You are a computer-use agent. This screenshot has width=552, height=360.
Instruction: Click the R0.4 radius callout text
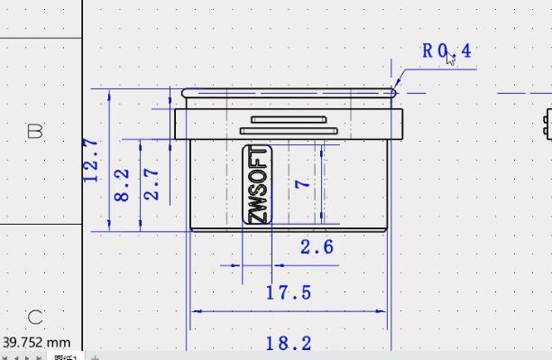tap(446, 51)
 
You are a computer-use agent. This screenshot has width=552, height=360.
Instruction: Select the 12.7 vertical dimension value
tap(91, 160)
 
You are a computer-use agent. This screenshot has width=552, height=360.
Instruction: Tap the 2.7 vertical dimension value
tap(152, 184)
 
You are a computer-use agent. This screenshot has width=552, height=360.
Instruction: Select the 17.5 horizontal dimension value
tap(289, 292)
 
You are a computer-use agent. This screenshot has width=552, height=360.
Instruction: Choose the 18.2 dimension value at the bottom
tap(289, 343)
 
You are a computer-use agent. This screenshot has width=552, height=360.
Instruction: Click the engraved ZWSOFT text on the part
tap(258, 184)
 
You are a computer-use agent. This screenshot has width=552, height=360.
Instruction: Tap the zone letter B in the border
tap(35, 132)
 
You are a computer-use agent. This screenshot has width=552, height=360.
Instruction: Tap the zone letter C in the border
tap(35, 317)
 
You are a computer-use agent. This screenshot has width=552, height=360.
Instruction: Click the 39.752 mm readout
tap(36, 343)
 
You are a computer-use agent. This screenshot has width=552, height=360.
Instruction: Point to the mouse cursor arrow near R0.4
tap(452, 59)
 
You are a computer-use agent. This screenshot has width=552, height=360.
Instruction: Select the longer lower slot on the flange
tap(289, 131)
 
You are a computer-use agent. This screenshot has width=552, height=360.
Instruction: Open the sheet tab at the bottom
tap(65, 357)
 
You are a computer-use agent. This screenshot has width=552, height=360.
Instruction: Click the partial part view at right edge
tap(547, 124)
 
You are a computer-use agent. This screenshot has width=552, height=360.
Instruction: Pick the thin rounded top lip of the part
tap(289, 92)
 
